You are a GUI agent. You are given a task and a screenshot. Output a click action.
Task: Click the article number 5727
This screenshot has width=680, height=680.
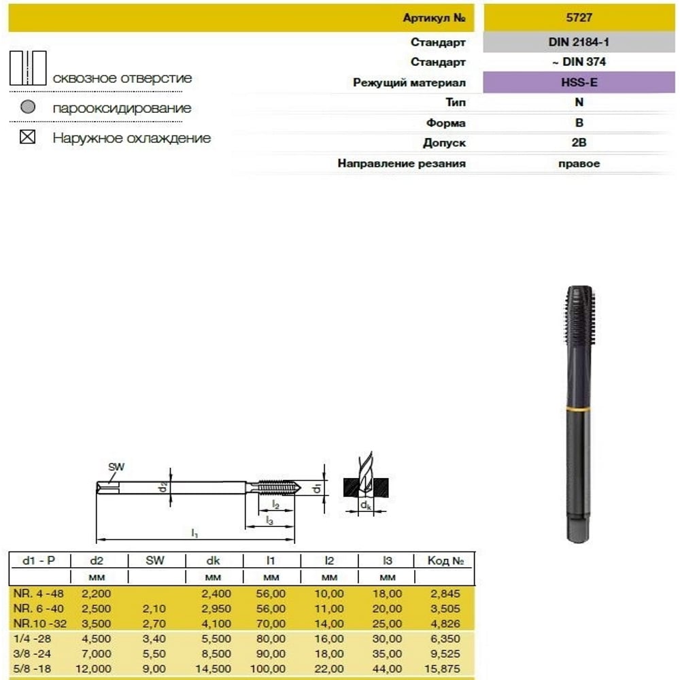click(x=579, y=18)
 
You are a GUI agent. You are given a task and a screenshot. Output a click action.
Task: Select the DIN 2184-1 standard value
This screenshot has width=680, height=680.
click(x=579, y=42)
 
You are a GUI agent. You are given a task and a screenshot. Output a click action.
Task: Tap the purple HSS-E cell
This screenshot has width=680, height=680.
click(x=579, y=82)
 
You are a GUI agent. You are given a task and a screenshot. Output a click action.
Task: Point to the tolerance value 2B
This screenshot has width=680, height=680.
click(x=579, y=143)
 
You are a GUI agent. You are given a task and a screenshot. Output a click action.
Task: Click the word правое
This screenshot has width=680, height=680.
click(x=579, y=163)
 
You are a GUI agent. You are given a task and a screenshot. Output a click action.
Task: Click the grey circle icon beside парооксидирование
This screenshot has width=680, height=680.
click(x=28, y=107)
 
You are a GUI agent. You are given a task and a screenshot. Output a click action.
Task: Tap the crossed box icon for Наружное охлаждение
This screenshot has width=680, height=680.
click(x=27, y=137)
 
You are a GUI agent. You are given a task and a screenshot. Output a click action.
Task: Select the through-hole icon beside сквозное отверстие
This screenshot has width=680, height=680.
click(x=28, y=68)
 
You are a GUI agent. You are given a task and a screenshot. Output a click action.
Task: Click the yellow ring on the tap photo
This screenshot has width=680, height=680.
click(x=579, y=409)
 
